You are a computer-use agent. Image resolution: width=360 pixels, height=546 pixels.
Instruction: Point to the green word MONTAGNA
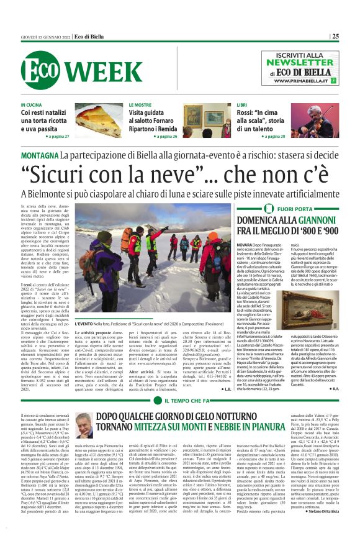coord(40,153)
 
